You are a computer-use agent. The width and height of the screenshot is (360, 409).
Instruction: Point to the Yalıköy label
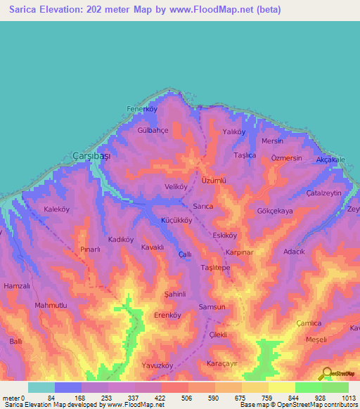click(233, 131)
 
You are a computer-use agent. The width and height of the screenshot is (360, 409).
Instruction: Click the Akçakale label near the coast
click(330, 160)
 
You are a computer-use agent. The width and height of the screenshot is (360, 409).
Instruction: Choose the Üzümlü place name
click(214, 181)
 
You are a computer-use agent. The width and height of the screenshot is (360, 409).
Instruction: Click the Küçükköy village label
click(177, 220)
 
